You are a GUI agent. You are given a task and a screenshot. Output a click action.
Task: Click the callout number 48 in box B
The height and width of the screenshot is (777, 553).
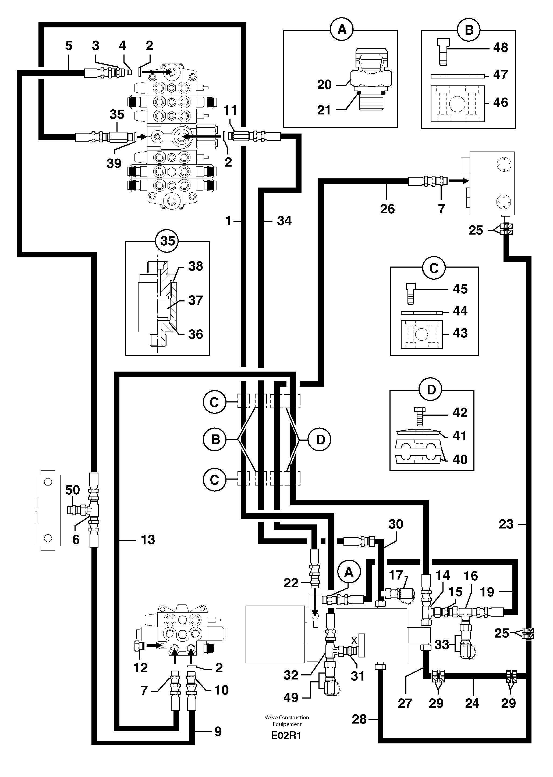tap(500, 47)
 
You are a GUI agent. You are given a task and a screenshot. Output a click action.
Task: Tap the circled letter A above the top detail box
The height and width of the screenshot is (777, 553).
tap(342, 30)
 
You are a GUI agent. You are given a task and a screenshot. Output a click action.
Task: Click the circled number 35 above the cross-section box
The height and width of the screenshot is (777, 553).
tap(168, 241)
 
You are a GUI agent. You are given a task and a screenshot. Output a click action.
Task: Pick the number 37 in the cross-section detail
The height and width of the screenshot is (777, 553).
tap(196, 300)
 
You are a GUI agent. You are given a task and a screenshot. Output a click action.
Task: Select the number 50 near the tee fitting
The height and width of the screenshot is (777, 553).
tap(73, 490)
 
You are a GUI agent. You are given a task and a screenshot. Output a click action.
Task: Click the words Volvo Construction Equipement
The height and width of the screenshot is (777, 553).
tap(287, 721)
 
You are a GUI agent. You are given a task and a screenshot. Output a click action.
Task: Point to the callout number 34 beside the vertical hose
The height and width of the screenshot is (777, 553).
tap(284, 221)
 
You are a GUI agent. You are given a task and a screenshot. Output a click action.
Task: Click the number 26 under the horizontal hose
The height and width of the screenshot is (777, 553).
tap(387, 209)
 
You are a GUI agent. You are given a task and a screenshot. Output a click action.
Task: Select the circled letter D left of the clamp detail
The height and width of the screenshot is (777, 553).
tap(320, 440)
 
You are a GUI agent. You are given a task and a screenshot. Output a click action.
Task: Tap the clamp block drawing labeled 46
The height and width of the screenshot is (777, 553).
tap(457, 103)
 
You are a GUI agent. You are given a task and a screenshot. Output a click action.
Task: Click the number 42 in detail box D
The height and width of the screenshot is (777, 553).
tap(460, 412)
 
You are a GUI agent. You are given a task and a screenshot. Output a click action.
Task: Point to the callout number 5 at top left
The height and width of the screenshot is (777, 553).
tap(69, 46)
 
